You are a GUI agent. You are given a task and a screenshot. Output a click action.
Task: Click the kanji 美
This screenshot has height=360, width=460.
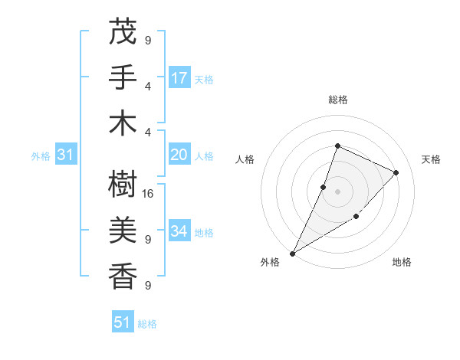(x=123, y=230)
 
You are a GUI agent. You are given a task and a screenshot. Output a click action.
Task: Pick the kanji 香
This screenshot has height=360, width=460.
(x=123, y=275)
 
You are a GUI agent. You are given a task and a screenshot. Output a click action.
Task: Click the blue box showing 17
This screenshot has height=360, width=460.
(x=179, y=78)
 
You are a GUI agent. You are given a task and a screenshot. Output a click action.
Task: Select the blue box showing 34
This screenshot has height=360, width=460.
(x=179, y=231)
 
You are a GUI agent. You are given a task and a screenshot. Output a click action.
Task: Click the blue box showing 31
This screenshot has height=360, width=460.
(x=65, y=155)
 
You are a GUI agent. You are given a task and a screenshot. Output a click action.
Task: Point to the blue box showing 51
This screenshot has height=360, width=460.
(x=123, y=322)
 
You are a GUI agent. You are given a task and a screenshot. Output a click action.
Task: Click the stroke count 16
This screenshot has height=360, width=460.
(x=149, y=194)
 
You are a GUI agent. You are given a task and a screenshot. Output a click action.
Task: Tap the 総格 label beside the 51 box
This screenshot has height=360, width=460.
(x=147, y=324)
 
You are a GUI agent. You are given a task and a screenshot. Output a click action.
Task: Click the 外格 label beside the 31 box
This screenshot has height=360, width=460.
(x=41, y=156)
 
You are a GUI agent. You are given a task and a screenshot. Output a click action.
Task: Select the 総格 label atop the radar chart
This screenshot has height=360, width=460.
(x=337, y=100)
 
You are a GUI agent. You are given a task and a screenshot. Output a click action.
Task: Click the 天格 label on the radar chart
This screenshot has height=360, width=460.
(x=431, y=159)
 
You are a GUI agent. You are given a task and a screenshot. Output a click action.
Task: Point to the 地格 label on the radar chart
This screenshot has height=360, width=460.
(x=402, y=262)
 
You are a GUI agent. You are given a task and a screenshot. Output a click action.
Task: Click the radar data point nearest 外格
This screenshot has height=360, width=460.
(x=292, y=253)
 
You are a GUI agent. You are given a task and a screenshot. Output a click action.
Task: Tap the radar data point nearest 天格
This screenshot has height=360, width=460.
(x=396, y=172)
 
